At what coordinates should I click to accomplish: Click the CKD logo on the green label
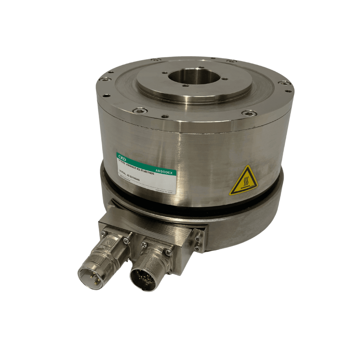(123, 157)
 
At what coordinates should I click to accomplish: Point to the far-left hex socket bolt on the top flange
(103, 79)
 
